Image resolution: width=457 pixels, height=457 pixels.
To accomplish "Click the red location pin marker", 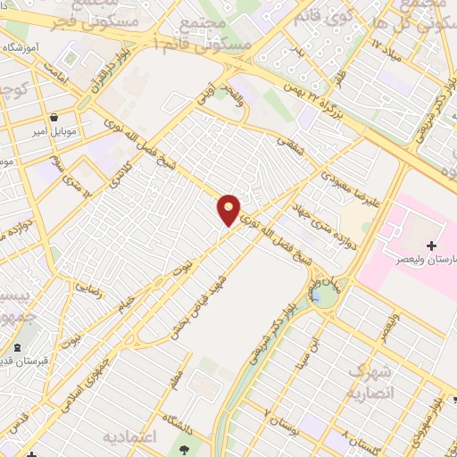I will click(x=229, y=209).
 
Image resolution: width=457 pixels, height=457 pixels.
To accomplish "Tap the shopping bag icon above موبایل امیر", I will click(x=54, y=117).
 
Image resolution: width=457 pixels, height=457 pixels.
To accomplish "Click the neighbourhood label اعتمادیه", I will click(x=135, y=437).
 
